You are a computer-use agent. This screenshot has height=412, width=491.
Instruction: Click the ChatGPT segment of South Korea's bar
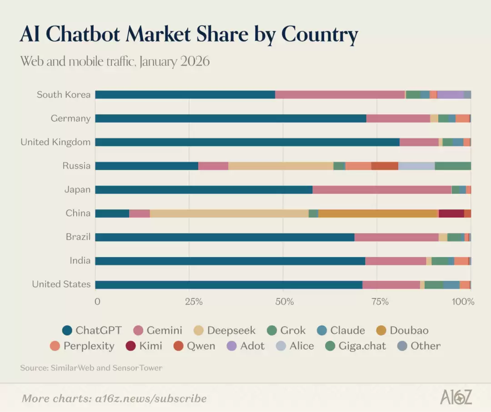click(x=185, y=95)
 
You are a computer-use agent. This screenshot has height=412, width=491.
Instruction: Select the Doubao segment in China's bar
click(x=378, y=213)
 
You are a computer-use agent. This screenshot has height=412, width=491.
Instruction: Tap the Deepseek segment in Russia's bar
click(x=281, y=166)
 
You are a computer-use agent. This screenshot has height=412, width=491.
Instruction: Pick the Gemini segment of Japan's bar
click(x=382, y=190)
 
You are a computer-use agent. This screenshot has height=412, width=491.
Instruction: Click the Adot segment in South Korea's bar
click(x=450, y=95)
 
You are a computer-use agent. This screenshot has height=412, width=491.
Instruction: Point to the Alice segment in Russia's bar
click(x=416, y=166)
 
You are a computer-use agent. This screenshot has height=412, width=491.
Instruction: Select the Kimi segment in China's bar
click(x=451, y=213)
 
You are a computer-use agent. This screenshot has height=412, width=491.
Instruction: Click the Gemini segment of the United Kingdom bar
click(x=419, y=142)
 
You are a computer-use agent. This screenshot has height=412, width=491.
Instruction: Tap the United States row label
click(x=61, y=284)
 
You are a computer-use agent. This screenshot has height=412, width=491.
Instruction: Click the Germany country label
click(x=70, y=118)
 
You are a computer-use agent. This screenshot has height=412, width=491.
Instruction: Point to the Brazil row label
click(x=78, y=237)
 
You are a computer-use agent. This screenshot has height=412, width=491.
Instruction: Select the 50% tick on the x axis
click(x=283, y=301)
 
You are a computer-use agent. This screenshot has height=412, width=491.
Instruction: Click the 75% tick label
click(x=380, y=301)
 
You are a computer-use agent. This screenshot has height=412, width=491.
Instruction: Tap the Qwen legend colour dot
click(x=179, y=346)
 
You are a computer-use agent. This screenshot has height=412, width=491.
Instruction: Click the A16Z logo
click(x=456, y=397)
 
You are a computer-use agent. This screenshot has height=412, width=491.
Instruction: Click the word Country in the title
click(x=320, y=35)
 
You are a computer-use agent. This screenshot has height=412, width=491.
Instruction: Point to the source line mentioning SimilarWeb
click(x=91, y=367)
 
